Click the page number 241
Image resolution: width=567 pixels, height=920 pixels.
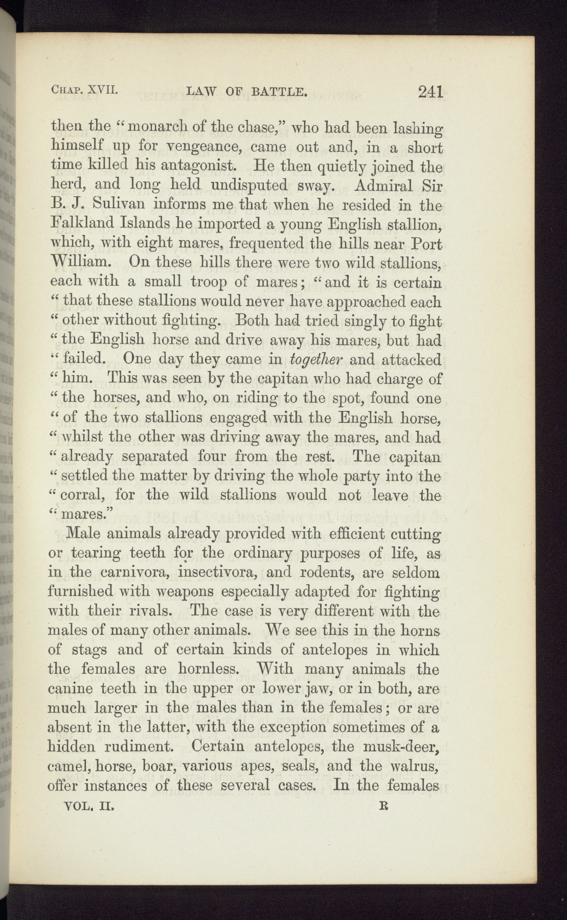coord(429,92)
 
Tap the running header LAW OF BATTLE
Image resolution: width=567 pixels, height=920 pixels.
coord(247,92)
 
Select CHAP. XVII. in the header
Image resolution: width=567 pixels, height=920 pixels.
coord(84,90)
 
